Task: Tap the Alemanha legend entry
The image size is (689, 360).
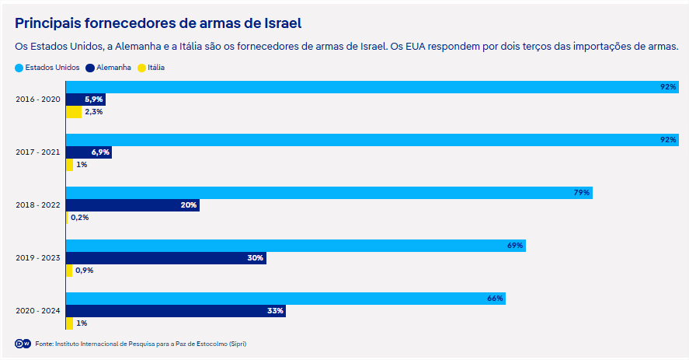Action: point(109,68)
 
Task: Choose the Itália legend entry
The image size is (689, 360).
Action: point(151,68)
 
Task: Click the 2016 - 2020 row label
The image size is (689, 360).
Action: point(38,100)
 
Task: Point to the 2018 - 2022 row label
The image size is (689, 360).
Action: point(38,205)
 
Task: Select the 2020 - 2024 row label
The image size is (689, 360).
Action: point(38,311)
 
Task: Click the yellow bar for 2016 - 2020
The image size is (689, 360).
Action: point(73,112)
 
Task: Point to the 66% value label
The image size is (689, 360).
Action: point(496,299)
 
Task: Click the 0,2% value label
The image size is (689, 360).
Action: point(80,218)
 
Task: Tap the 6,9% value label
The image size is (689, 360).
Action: point(100,152)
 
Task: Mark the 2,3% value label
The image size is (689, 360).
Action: point(94,112)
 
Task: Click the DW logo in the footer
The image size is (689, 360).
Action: point(23,344)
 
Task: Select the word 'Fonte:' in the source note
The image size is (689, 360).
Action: point(44,344)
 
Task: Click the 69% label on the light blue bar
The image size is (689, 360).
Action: point(515,246)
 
